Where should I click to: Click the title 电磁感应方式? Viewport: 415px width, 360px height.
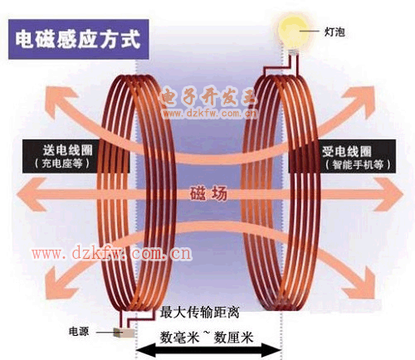[x=78, y=39]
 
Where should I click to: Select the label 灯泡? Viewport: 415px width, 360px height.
[x=334, y=32]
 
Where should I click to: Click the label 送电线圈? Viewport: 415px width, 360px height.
[x=67, y=150]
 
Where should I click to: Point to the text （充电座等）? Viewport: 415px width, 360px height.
[x=62, y=163]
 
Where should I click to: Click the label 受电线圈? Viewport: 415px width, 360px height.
[x=347, y=151]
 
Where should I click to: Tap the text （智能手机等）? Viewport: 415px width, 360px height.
[x=358, y=165]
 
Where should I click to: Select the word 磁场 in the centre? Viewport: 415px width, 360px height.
[x=208, y=193]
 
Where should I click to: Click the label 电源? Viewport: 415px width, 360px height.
[x=79, y=331]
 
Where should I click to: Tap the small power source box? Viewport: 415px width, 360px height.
[x=124, y=333]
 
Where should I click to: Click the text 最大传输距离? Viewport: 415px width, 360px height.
[x=199, y=313]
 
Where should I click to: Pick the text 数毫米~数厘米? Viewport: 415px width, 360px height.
[x=207, y=337]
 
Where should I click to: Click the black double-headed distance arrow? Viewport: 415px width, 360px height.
[x=208, y=350]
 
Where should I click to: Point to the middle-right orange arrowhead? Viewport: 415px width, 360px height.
[x=388, y=194]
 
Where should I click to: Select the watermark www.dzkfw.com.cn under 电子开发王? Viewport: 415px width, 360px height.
[x=210, y=114]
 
